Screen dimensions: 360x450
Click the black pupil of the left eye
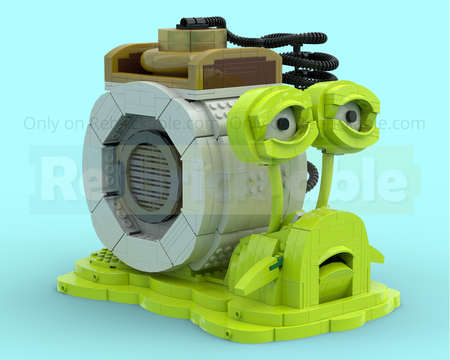point(283,124)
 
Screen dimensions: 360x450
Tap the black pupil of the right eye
point(351,116)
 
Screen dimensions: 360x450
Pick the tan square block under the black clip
point(193,40)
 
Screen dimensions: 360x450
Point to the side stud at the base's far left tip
point(63,287)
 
